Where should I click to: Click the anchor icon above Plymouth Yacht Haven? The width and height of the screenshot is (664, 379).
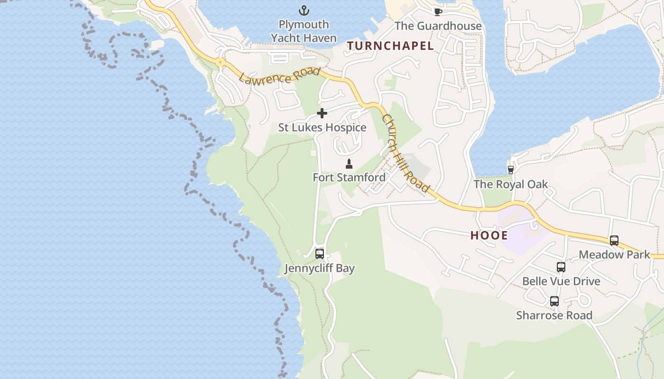(x=304, y=10)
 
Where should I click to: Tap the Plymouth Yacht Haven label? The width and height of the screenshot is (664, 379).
(x=304, y=31)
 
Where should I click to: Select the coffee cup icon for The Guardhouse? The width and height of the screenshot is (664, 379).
(x=438, y=12)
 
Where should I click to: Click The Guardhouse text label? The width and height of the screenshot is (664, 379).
(x=438, y=26)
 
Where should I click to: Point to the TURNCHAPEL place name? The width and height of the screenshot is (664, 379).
(x=390, y=46)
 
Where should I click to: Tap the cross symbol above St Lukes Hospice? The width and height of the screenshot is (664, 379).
(x=322, y=113)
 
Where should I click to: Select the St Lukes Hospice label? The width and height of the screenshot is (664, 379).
(x=322, y=127)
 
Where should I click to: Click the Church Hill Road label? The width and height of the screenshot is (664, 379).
(x=406, y=153)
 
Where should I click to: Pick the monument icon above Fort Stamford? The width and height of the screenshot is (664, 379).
(x=349, y=164)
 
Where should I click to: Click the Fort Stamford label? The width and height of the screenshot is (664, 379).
(x=349, y=178)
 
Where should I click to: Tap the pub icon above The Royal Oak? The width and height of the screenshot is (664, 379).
(x=511, y=170)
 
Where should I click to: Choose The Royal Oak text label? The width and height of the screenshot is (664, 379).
(x=511, y=184)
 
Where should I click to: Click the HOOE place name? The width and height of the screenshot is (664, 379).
(x=489, y=235)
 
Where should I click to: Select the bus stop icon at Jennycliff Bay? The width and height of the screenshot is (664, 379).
(x=319, y=254)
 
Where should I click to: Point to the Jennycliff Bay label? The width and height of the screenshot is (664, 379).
(x=319, y=269)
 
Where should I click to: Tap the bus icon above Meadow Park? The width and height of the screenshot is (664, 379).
(x=614, y=241)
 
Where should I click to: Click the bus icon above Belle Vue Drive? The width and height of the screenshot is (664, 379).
(x=561, y=267)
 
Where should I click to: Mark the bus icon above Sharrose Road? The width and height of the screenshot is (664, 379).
(x=554, y=301)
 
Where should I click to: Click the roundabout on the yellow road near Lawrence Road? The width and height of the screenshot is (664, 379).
(x=220, y=62)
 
